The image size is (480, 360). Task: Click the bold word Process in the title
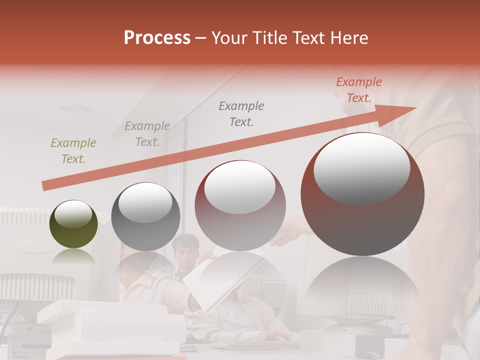coord(157,38)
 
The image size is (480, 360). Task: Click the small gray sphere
coord(145,216)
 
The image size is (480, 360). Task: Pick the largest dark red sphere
coord(362,195)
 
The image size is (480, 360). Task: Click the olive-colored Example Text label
coord(73,151)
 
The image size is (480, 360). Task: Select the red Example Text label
coord(358,90)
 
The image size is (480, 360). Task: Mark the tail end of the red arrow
coord(45,186)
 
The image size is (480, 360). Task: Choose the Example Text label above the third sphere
coord(241,113)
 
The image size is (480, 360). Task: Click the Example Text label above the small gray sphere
coord(147,134)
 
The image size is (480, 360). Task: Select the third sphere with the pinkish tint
coord(240,205)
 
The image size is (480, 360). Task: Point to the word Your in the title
coord(229,38)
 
